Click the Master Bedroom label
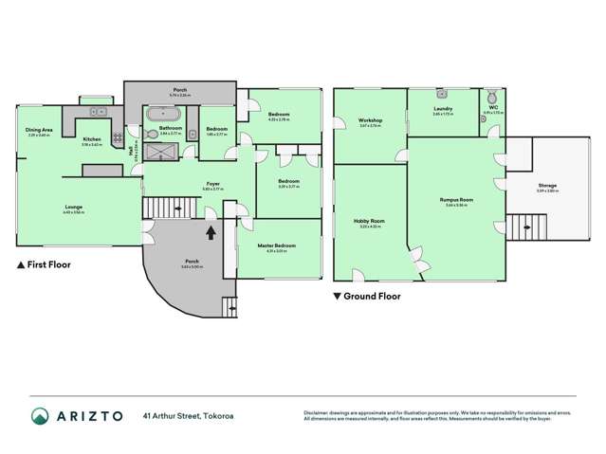[277, 245]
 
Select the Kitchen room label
[92, 139]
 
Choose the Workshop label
[370, 121]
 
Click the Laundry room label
[443, 109]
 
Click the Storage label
[547, 186]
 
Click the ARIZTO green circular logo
[40, 415]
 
